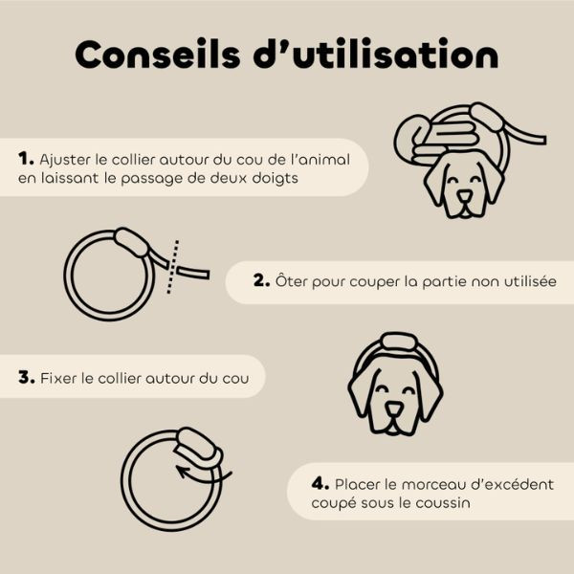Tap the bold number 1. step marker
coord(27,158)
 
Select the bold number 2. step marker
coord(262,281)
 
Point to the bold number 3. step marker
coord(27,377)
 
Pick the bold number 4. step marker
coord(320,484)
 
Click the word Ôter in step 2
coord(293,281)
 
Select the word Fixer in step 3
coord(59,378)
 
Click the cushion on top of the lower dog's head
coord(395,342)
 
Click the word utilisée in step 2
coord(527,281)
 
